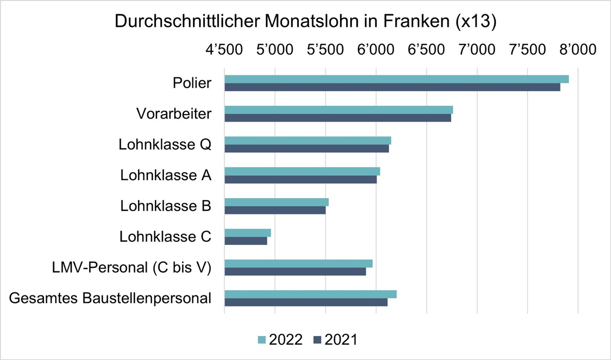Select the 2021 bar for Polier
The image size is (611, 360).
pyautogui.click(x=392, y=87)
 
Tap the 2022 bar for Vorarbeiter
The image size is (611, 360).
pyautogui.click(x=339, y=110)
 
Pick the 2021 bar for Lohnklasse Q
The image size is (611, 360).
pyautogui.click(x=307, y=149)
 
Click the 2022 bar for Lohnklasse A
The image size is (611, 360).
pyautogui.click(x=302, y=171)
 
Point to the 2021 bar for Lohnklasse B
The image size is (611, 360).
pyautogui.click(x=275, y=210)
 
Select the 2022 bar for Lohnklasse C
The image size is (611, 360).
pyautogui.click(x=247, y=233)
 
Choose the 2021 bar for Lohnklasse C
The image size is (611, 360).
pyautogui.click(x=245, y=241)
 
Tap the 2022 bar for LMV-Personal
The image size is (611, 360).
pyautogui.click(x=298, y=263)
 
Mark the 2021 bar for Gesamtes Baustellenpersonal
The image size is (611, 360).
pyautogui.click(x=306, y=302)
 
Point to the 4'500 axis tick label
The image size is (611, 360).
pyautogui.click(x=225, y=51)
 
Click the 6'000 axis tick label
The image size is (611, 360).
pyautogui.click(x=376, y=51)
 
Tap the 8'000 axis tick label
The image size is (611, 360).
pyautogui.click(x=577, y=51)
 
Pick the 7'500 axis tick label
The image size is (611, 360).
pyautogui.click(x=527, y=51)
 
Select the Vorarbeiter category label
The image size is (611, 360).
pyautogui.click(x=174, y=114)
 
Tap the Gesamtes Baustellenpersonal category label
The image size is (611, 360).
pyautogui.click(x=110, y=298)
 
